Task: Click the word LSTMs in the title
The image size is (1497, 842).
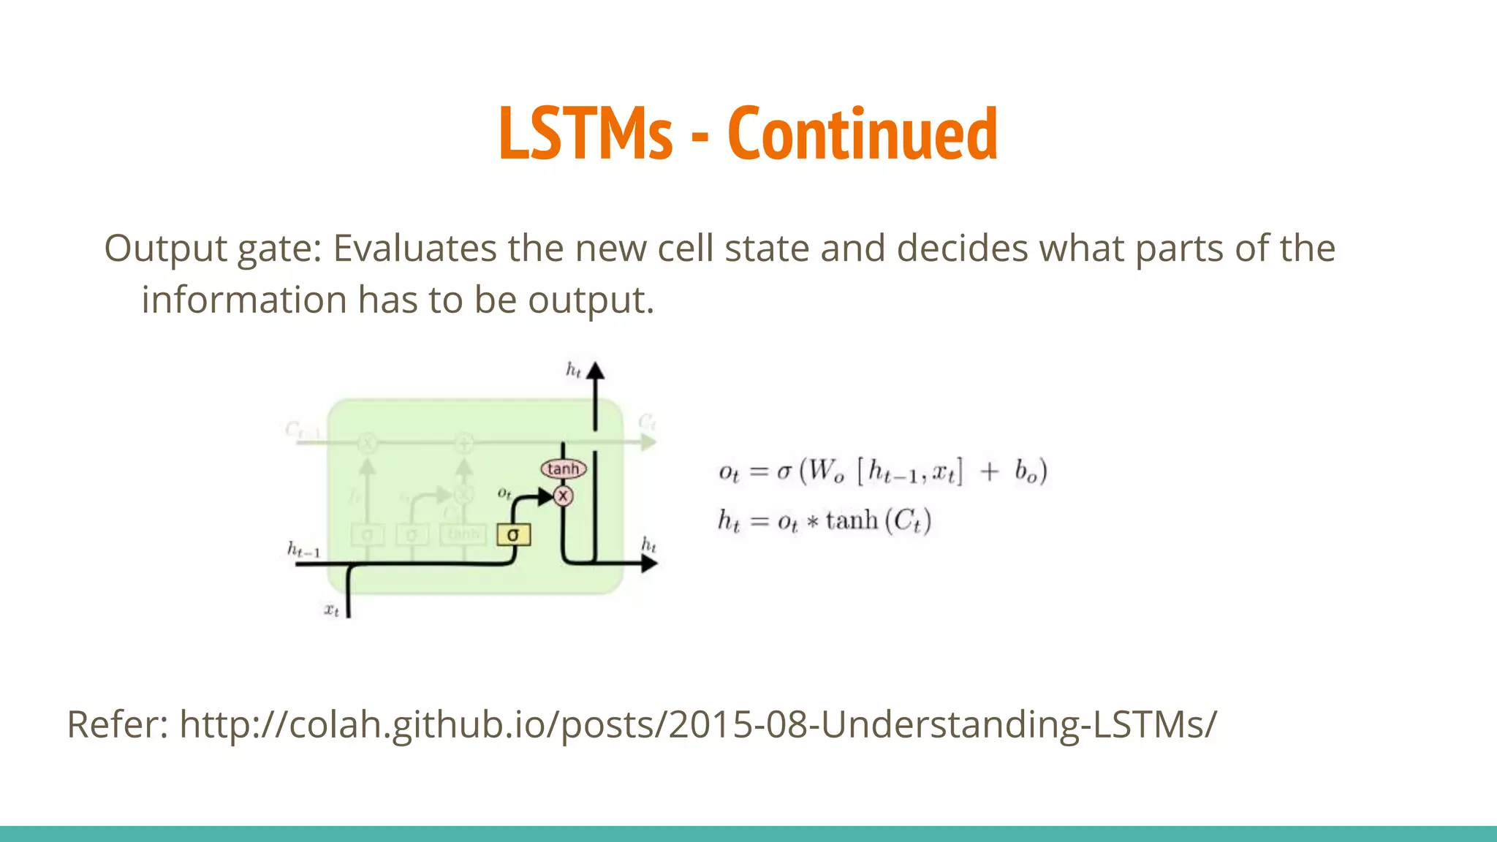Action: [x=585, y=133]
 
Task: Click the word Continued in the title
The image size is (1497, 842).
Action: [x=863, y=133]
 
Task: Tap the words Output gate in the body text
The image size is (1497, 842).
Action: [x=212, y=249]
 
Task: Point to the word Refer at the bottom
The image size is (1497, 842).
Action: [x=117, y=724]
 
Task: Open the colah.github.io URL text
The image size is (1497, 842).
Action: [x=698, y=724]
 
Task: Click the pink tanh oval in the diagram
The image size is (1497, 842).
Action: [x=563, y=469]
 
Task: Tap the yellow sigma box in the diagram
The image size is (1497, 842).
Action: [x=513, y=534]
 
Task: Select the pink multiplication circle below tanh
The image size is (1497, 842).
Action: [x=563, y=496]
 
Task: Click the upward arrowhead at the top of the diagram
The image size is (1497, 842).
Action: [x=596, y=371]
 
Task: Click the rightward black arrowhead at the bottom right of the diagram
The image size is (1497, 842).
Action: [x=648, y=563]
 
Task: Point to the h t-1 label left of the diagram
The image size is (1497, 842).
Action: [x=303, y=549]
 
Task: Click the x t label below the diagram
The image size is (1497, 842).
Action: [x=331, y=609]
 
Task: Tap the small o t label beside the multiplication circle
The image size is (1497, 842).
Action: [x=504, y=493]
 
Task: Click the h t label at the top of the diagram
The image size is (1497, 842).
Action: [x=574, y=370]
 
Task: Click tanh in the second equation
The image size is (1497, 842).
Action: [x=852, y=520]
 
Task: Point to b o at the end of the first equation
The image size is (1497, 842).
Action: [x=1026, y=471]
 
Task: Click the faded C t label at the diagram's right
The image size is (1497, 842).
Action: [x=647, y=422]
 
